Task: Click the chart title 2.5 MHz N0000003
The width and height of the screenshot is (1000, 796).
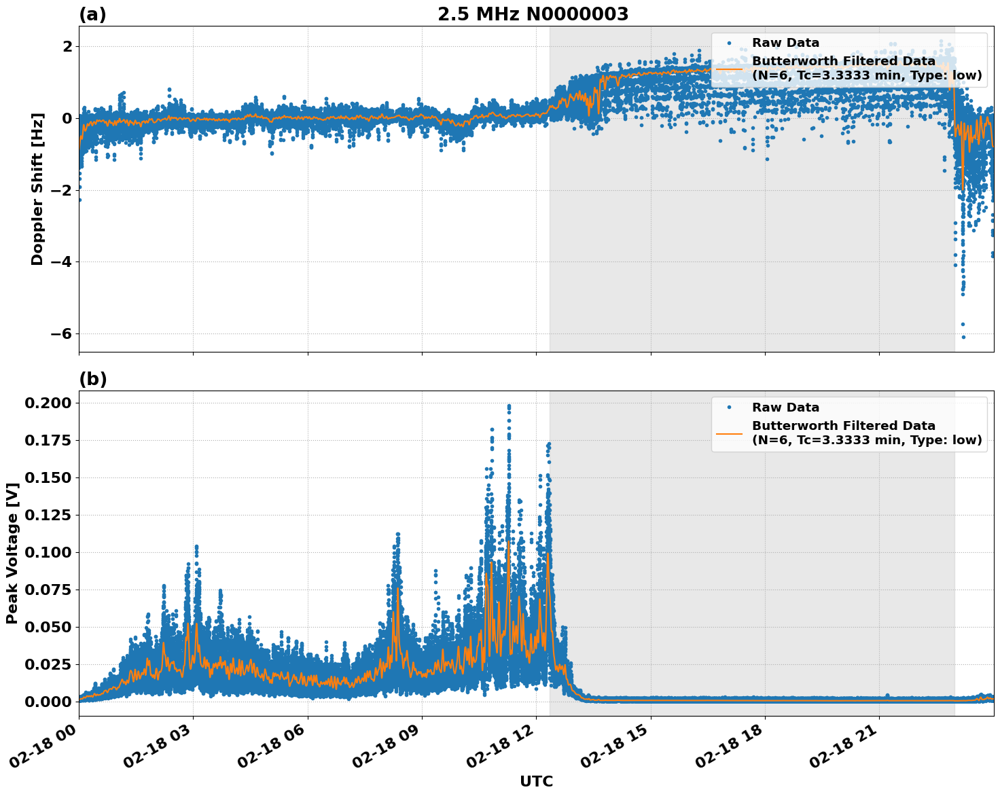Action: [x=533, y=14]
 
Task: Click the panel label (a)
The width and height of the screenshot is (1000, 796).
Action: [x=92, y=14]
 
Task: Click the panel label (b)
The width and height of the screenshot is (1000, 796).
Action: [x=92, y=379]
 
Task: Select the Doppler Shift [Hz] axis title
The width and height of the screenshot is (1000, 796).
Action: [x=37, y=189]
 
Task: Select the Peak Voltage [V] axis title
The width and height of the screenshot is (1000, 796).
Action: [x=12, y=553]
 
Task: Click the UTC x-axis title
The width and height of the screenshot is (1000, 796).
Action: [x=536, y=781]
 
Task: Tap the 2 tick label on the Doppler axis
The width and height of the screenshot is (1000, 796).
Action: [x=67, y=47]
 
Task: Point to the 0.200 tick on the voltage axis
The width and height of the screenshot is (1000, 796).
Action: [x=48, y=403]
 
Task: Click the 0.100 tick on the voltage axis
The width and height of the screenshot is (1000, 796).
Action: [x=48, y=553]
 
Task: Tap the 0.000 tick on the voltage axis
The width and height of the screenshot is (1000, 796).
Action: [x=48, y=702]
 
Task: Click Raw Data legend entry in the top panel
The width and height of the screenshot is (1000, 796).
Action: [x=785, y=43]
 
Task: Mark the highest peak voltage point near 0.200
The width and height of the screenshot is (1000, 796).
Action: [x=509, y=406]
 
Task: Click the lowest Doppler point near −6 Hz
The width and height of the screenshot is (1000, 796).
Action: [x=963, y=337]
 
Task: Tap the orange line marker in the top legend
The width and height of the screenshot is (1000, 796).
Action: [x=730, y=68]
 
